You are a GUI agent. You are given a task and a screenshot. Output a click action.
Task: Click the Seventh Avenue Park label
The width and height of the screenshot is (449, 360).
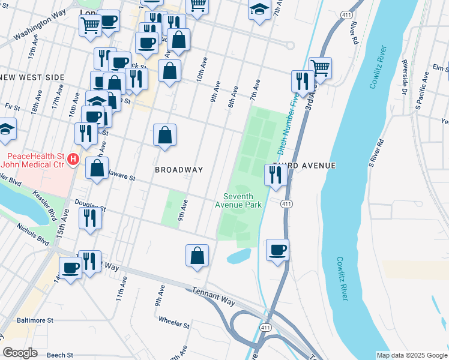238,200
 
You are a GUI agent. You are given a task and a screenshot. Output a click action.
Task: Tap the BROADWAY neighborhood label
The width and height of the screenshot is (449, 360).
179,170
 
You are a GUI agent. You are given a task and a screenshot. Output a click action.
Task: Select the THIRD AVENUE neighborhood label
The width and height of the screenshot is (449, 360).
303,165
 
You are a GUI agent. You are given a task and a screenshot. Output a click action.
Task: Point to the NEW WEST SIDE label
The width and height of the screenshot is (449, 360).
32,78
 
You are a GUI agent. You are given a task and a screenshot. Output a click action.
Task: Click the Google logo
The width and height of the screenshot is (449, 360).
20,353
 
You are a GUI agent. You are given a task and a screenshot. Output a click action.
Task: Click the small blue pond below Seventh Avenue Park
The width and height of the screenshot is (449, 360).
239,257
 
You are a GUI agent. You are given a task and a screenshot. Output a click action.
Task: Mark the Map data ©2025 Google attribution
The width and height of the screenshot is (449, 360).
411,355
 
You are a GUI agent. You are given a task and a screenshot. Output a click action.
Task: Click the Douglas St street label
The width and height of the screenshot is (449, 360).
90,206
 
